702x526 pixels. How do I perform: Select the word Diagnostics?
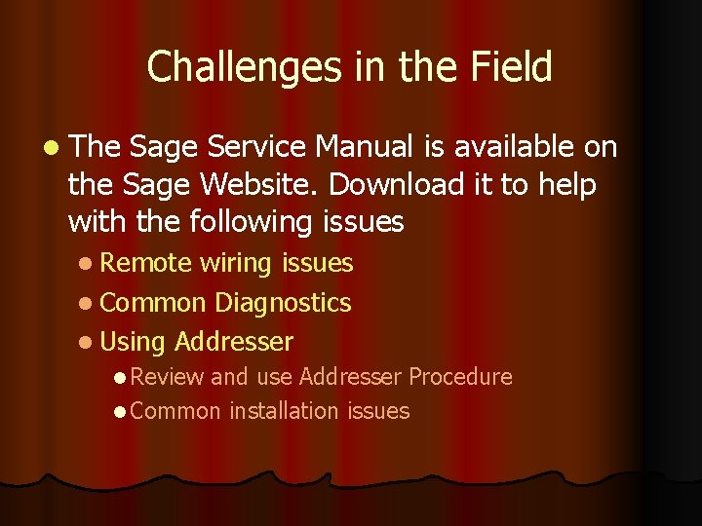283,303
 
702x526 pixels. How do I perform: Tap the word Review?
167,377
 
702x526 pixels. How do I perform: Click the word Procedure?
460,377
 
